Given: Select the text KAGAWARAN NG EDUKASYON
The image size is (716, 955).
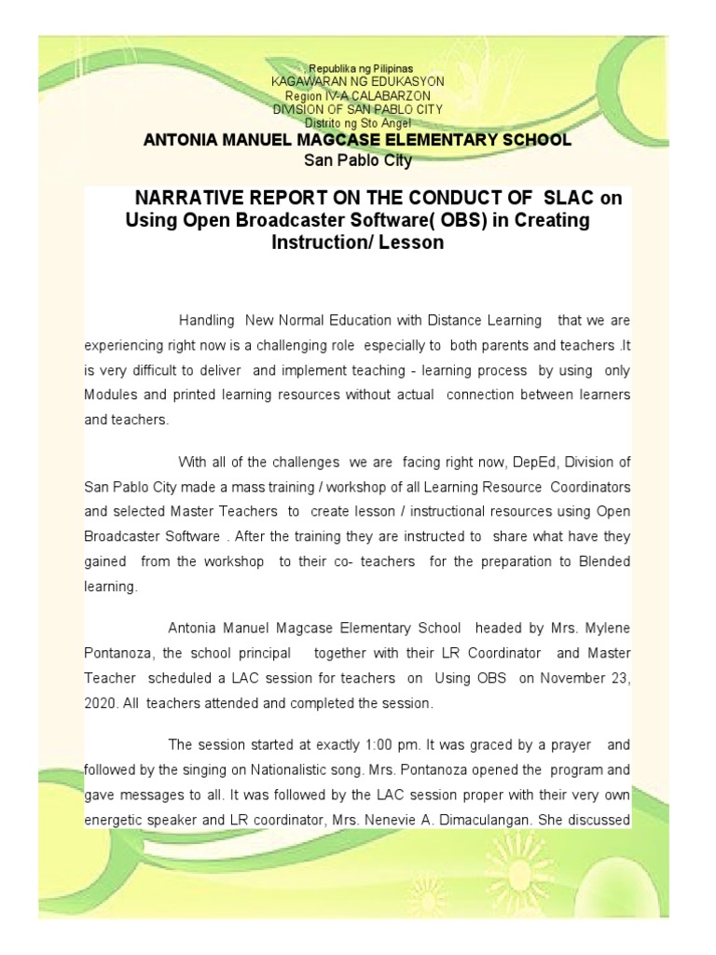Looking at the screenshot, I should point(358,82).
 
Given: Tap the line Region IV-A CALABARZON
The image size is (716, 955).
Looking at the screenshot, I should point(358,95).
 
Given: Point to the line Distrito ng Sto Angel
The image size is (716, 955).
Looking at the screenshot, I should point(358,122).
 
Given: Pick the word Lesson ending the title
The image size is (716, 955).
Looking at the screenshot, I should point(415,242).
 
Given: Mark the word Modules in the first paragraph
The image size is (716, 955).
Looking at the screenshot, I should point(112,394).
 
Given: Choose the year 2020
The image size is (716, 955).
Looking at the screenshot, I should point(99,703).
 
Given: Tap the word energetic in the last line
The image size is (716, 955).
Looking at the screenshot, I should point(115,821).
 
